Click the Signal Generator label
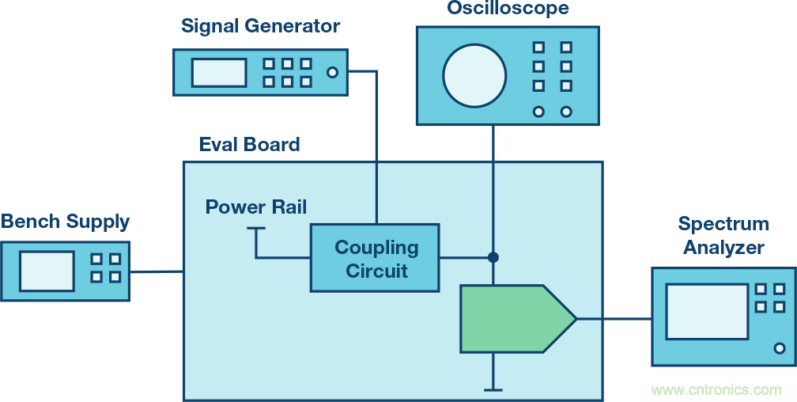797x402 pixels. [x=260, y=26]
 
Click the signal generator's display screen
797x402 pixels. [x=218, y=73]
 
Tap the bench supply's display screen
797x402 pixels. [x=47, y=271]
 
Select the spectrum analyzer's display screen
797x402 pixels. [x=706, y=311]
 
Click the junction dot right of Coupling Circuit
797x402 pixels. [x=493, y=257]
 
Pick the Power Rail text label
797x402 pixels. [x=256, y=207]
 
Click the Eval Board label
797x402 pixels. [x=249, y=145]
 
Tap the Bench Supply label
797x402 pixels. [x=65, y=221]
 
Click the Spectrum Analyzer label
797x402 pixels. [x=723, y=236]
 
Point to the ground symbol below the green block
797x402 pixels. [x=493, y=389]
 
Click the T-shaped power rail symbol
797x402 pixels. [x=256, y=230]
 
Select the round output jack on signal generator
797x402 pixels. [x=332, y=73]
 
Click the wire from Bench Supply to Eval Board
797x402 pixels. [x=157, y=271]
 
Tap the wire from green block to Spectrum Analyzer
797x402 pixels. [x=614, y=319]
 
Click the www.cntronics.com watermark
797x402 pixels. [x=716, y=389]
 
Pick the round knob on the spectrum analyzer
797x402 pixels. [x=780, y=348]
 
